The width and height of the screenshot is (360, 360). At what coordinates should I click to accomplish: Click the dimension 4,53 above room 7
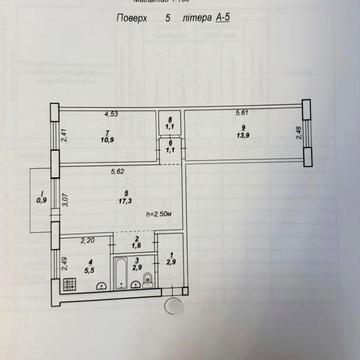pos(111,114)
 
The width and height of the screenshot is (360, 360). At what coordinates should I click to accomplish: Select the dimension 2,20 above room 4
pos(88,241)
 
